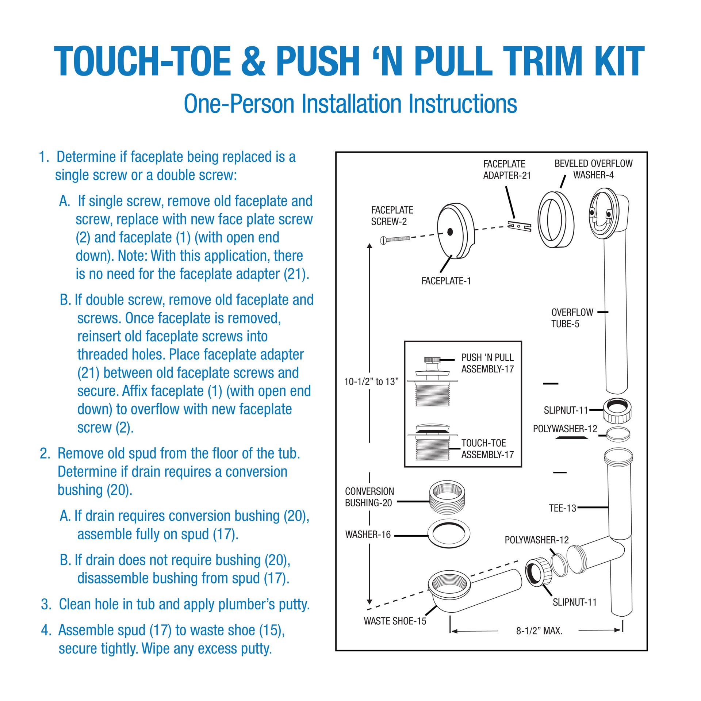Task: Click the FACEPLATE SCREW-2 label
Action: pos(392,215)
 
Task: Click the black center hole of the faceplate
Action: pos(450,231)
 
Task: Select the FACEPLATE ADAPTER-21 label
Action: pos(506,170)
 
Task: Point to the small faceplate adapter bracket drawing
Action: pos(519,226)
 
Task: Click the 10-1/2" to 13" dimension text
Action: pos(371,382)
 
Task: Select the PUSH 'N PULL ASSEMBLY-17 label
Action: pos(487,363)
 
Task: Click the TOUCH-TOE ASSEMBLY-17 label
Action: pos(487,449)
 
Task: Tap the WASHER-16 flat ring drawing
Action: pos(448,535)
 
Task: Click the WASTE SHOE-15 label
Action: pos(395,621)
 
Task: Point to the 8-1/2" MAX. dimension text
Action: pos(539,631)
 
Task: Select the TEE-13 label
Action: pos(562,508)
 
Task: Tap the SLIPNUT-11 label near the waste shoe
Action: pos(574,602)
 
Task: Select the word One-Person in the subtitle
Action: pos(239,104)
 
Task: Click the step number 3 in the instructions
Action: pos(46,604)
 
